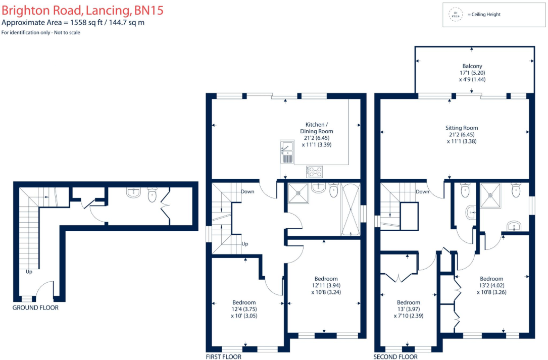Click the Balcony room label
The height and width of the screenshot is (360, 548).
[x=472, y=66]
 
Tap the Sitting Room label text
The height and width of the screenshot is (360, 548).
[x=462, y=128]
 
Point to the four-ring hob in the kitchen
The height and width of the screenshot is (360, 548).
[x=314, y=172]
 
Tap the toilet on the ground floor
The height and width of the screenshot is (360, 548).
[x=152, y=194]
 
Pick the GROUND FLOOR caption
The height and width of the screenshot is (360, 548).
[x=35, y=307]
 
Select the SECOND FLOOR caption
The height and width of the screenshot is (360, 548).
[x=395, y=356]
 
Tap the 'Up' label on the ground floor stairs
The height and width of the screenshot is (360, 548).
[x=29, y=272]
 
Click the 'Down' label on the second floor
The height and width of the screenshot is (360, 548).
[x=422, y=191]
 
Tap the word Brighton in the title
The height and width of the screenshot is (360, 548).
[x=21, y=10]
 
